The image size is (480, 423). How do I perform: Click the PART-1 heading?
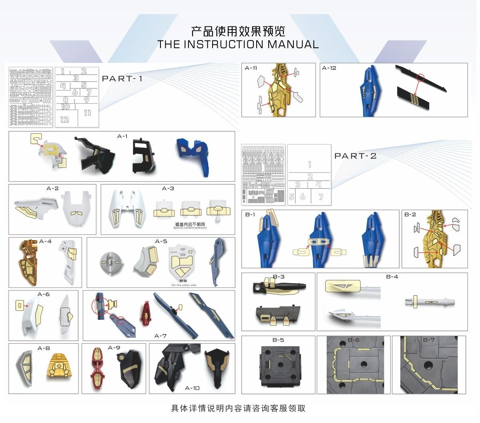pyautogui.click(x=122, y=79)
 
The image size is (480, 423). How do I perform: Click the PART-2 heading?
pyautogui.click(x=355, y=156)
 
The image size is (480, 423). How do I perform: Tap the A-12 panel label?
pyautogui.click(x=329, y=68)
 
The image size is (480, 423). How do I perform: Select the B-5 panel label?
pyautogui.click(x=278, y=340)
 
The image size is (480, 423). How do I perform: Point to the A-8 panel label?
pyautogui.click(x=44, y=348)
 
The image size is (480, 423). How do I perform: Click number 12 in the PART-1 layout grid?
pyautogui.click(x=64, y=119)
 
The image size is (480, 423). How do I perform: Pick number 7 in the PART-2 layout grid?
pyautogui.click(x=321, y=197)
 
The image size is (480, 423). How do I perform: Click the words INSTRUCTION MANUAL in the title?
pyautogui.click(x=251, y=44)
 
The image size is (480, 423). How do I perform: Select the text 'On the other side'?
pyautogui.click(x=184, y=285)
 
